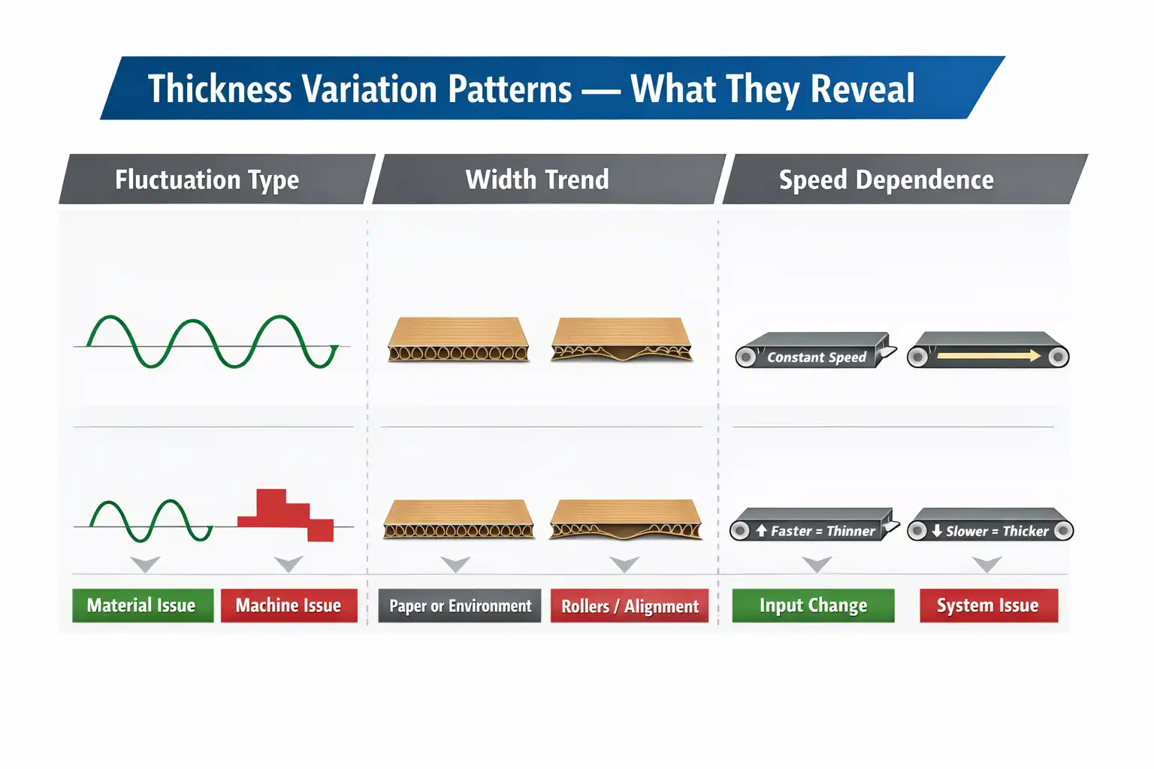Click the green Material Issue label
point(142,605)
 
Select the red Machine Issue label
point(288,605)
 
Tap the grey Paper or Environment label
point(460,606)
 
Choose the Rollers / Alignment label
point(630,606)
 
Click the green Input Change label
point(813,605)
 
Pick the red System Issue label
point(988,605)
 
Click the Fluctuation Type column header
point(207,179)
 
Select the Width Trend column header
point(537,179)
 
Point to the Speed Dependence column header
point(886,179)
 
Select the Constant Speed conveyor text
point(816,357)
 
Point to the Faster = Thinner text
point(822,531)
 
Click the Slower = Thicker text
point(996,531)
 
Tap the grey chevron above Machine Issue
point(288,563)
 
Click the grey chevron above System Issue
point(987,563)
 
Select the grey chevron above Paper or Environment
point(455,563)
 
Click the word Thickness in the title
point(219,89)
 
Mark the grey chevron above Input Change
point(817,563)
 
